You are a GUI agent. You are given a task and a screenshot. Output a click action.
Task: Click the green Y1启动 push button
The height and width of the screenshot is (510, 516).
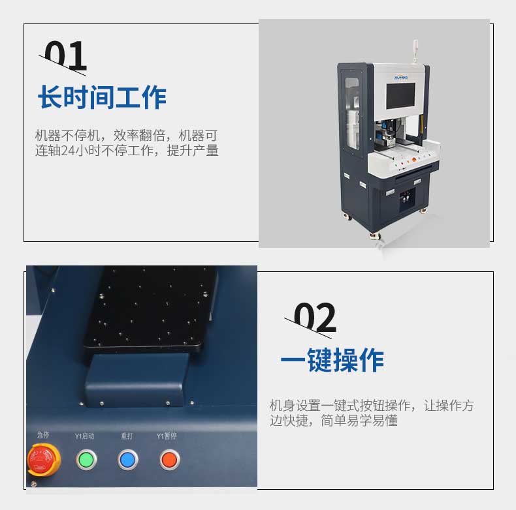coord(86,460)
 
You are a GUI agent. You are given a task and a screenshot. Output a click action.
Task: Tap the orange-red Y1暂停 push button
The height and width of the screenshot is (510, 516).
coord(169,460)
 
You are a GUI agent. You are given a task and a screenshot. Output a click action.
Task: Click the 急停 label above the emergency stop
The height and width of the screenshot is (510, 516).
coord(43,435)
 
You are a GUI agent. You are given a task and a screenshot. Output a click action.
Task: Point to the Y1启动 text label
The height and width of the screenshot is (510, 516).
coord(85,436)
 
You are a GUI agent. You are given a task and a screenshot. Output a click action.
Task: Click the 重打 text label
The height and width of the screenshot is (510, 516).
coord(127,436)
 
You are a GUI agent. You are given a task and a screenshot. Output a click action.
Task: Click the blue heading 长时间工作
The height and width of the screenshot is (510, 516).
coord(102,97)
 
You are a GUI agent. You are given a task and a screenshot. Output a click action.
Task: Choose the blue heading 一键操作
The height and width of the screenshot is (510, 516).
coord(332,359)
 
